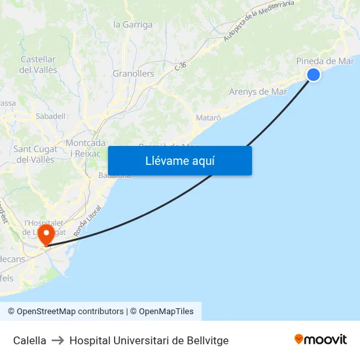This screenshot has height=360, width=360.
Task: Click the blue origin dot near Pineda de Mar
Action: tap(314, 75)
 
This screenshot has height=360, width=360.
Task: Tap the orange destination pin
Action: tap(46, 235)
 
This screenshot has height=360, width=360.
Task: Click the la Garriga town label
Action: tap(133, 25)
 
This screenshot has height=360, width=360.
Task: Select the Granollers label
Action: tap(134, 73)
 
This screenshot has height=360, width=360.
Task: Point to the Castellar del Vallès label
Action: tap(38, 64)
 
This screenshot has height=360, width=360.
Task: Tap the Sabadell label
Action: tap(50, 116)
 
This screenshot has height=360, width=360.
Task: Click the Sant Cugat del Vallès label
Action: tap(35, 154)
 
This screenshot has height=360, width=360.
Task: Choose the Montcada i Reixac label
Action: tap(86, 147)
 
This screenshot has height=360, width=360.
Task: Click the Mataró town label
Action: tap(209, 117)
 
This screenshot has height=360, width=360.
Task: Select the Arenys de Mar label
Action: tap(258, 92)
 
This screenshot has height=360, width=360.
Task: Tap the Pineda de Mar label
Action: tap(325, 61)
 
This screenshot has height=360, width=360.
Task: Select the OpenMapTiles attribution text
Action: tap(166, 312)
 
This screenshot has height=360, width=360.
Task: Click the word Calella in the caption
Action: tap(29, 340)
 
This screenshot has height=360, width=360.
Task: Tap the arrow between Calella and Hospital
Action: tap(58, 340)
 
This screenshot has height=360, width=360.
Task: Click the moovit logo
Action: tap(320, 339)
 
